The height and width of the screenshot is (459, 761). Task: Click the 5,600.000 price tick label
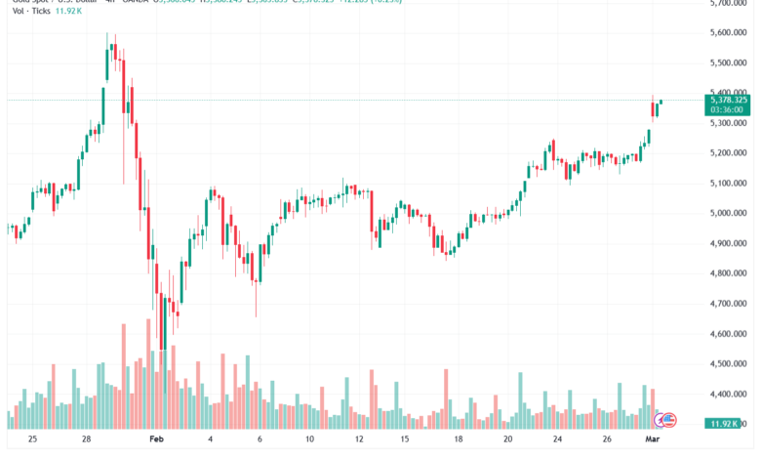click(x=730, y=32)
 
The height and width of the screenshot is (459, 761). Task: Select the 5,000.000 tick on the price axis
click(x=730, y=213)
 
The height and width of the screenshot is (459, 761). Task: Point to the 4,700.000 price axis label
click(x=730, y=304)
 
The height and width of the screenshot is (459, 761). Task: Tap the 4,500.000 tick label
click(x=730, y=364)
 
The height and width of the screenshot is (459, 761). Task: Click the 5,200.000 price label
click(x=730, y=153)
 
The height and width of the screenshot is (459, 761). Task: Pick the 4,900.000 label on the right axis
click(x=730, y=243)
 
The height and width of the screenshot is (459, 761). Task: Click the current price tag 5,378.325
click(x=730, y=100)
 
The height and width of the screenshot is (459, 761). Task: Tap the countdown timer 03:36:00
click(x=727, y=109)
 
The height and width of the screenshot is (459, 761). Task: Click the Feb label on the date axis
click(x=155, y=440)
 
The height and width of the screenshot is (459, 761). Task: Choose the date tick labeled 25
click(x=32, y=440)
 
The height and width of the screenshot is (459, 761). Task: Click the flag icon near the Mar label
click(x=668, y=420)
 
